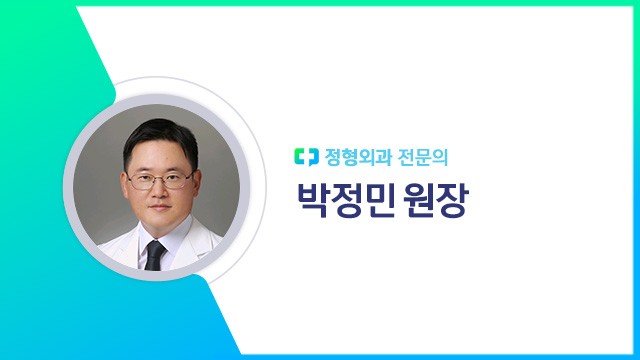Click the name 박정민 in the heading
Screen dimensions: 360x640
coord(344,200)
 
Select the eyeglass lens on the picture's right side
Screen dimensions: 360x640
coord(176,181)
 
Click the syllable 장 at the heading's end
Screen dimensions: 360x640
coord(453,200)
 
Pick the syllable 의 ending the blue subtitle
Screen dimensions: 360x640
coord(453,157)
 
